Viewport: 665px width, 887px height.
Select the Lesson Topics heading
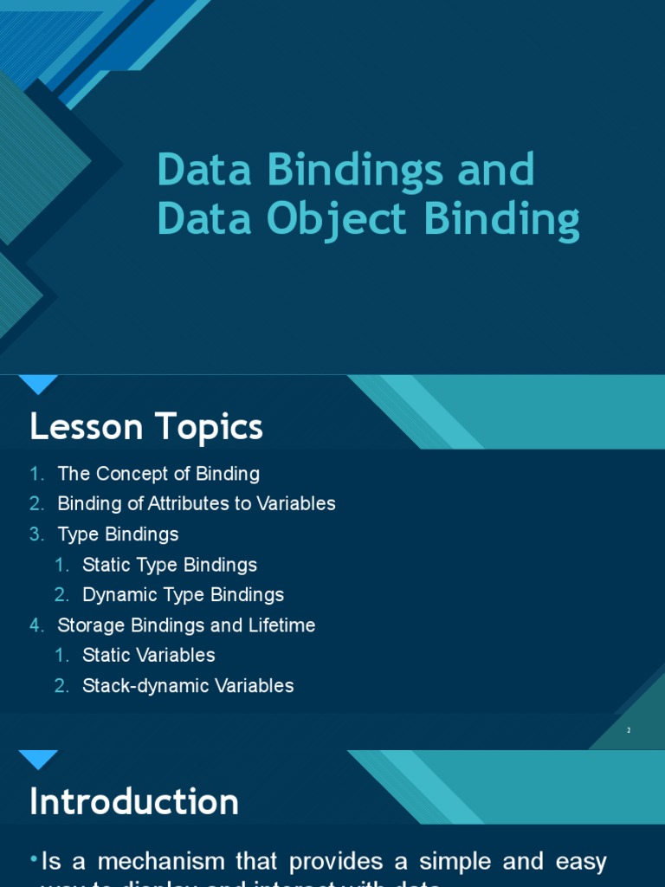(145, 427)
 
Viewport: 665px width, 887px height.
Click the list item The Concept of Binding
(158, 474)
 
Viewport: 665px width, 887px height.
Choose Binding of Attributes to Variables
(196, 503)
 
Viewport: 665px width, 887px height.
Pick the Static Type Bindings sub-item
(170, 565)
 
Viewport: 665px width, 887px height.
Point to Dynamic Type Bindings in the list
(183, 595)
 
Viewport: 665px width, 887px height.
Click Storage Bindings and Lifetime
(186, 625)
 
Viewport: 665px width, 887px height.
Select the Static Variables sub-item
(148, 655)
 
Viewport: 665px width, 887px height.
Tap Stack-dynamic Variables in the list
(188, 686)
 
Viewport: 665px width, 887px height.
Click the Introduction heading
(134, 802)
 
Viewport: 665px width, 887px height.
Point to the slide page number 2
(629, 730)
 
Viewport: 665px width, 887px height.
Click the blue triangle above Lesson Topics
(38, 385)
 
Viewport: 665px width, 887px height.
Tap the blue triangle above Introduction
(38, 760)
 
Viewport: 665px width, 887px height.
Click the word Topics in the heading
(209, 427)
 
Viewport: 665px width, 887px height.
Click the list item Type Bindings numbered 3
(118, 534)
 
